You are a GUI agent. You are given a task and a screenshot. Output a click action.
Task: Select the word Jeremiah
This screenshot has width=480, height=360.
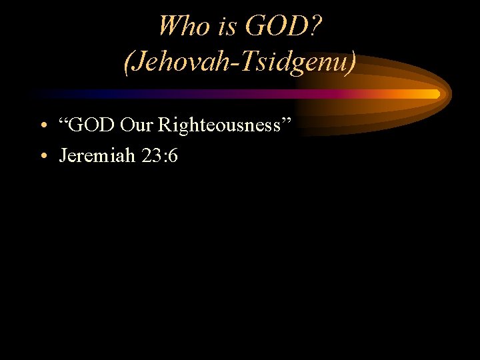97,156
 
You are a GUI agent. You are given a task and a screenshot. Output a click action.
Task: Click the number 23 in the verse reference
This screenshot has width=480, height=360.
151,156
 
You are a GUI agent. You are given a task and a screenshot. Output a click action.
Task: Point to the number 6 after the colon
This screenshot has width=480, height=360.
173,156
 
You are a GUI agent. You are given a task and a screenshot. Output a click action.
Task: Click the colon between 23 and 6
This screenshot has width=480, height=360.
163,158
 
